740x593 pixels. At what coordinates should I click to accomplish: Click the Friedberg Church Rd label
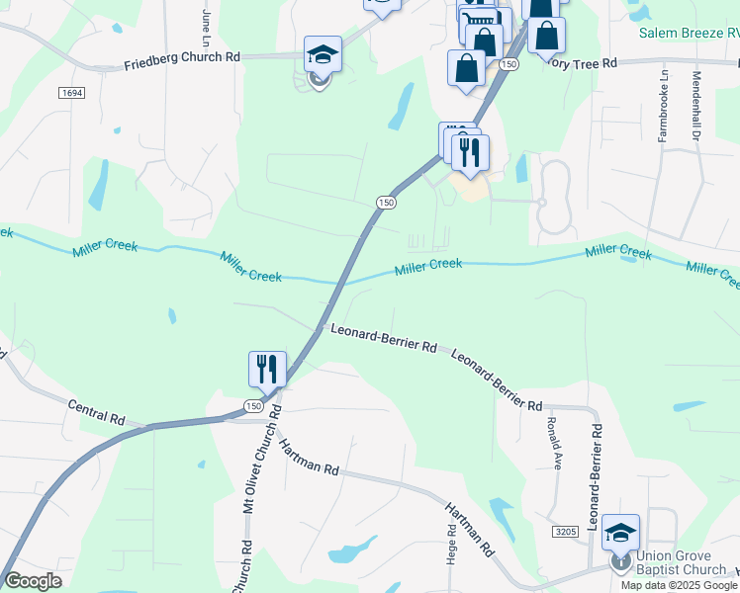pyautogui.click(x=182, y=58)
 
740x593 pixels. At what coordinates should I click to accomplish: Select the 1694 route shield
pyautogui.click(x=70, y=93)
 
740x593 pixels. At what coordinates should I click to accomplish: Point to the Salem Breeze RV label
pyautogui.click(x=689, y=33)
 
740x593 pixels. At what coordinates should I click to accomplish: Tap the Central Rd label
pyautogui.click(x=96, y=411)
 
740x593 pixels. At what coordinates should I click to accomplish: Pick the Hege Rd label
pyautogui.click(x=451, y=544)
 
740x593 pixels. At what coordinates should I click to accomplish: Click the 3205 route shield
pyautogui.click(x=565, y=532)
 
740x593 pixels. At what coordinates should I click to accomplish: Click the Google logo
pyautogui.click(x=33, y=581)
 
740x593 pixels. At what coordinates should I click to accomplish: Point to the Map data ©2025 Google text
pyautogui.click(x=679, y=585)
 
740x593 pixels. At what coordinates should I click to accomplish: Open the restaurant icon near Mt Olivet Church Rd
pyautogui.click(x=267, y=369)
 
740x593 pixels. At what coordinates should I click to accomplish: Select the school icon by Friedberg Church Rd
pyautogui.click(x=323, y=54)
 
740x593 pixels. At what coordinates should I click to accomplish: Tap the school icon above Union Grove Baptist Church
pyautogui.click(x=620, y=533)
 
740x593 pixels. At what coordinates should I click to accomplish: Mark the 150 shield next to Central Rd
pyautogui.click(x=254, y=406)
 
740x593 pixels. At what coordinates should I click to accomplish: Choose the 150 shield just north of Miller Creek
pyautogui.click(x=386, y=202)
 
